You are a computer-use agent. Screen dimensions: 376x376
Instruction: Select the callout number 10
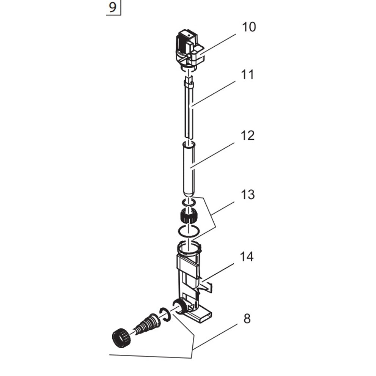click(x=249, y=27)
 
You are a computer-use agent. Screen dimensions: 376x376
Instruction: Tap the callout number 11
click(x=247, y=75)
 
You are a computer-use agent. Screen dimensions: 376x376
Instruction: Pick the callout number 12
click(x=247, y=135)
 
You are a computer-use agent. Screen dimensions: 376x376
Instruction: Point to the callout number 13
click(x=247, y=195)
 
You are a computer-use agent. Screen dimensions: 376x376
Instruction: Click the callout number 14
click(x=247, y=257)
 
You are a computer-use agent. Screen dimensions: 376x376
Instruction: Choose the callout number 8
click(x=247, y=319)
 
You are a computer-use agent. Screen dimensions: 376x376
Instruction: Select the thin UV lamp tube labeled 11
click(x=189, y=110)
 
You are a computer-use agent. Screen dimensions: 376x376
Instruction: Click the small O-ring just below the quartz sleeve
click(x=189, y=203)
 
